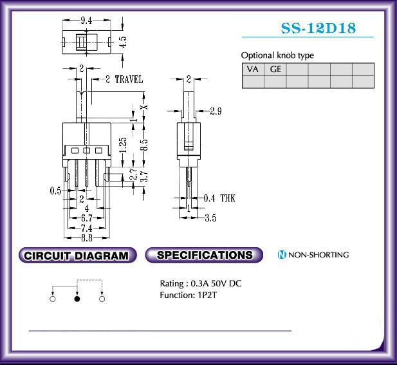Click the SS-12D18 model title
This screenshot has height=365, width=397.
319,28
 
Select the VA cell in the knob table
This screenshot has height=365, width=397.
253,69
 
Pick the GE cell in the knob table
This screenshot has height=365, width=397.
275,69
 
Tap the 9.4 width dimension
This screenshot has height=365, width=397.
86,21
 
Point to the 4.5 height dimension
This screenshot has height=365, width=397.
123,42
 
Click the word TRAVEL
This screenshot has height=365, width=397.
129,80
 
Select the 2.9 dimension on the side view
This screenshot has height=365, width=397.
216,111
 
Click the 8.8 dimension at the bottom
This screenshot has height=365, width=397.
87,238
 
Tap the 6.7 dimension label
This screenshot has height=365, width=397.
87,218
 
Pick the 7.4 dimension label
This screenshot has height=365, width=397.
87,229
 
